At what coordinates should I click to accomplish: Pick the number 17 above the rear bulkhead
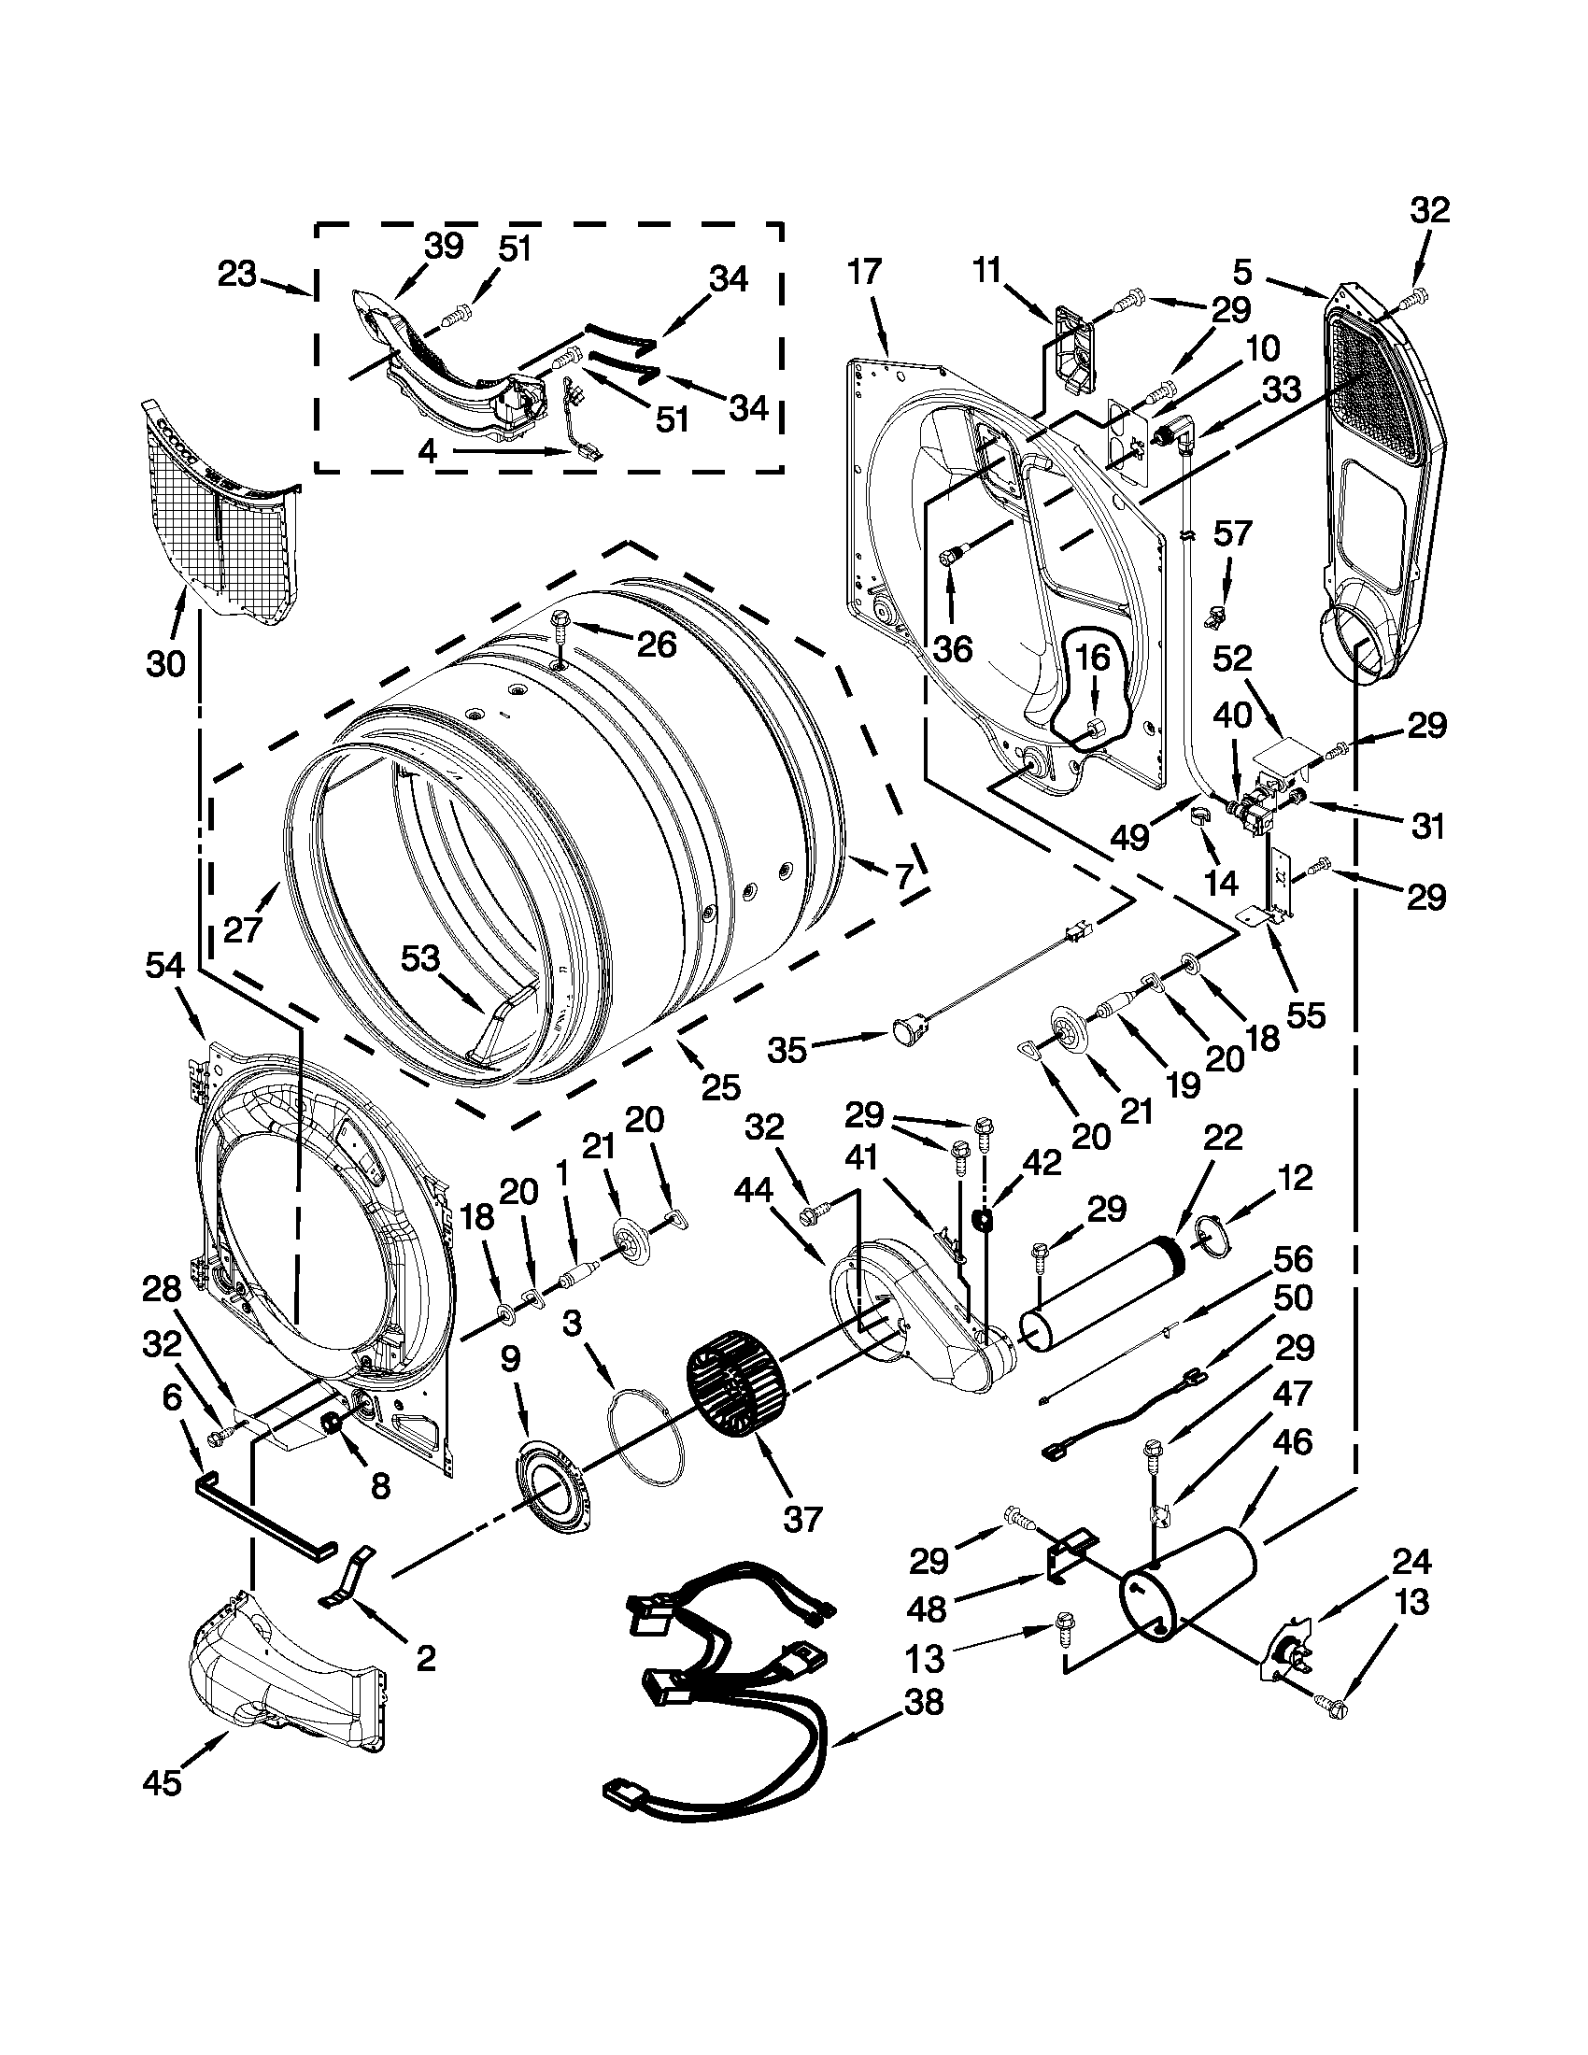pos(864,273)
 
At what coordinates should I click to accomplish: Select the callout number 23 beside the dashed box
pos(237,276)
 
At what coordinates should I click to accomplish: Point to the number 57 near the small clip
pos(1232,533)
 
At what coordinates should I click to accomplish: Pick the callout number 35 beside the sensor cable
pos(787,1049)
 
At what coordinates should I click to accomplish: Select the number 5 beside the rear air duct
pos(1241,273)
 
